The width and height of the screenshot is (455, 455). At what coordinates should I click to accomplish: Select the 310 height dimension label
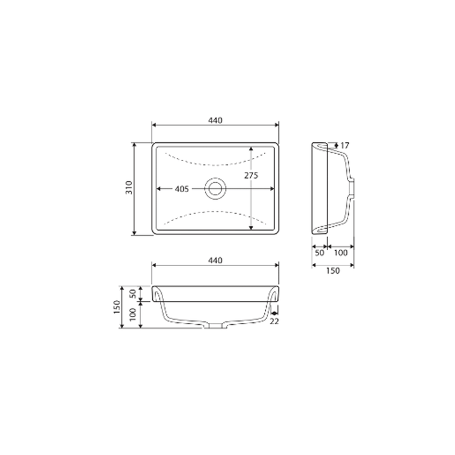pyautogui.click(x=128, y=188)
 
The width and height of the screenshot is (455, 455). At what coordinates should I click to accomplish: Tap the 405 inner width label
pyautogui.click(x=182, y=188)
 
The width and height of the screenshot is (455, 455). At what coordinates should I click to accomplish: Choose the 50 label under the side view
pyautogui.click(x=319, y=253)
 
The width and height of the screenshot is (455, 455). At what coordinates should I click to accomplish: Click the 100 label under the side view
pyautogui.click(x=341, y=253)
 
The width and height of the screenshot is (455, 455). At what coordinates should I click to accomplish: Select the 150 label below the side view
pyautogui.click(x=333, y=270)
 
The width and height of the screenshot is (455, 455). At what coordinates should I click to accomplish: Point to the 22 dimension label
pyautogui.click(x=274, y=322)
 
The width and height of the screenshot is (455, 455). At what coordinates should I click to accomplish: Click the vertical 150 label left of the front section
pyautogui.click(x=117, y=307)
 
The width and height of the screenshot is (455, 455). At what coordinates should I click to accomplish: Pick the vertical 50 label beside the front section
pyautogui.click(x=133, y=293)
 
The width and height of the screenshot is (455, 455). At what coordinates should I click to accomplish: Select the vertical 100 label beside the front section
pyautogui.click(x=133, y=315)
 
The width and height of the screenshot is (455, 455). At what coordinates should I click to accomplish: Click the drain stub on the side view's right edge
pyautogui.click(x=352, y=188)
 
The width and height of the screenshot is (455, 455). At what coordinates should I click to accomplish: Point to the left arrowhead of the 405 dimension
pyautogui.click(x=159, y=188)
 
